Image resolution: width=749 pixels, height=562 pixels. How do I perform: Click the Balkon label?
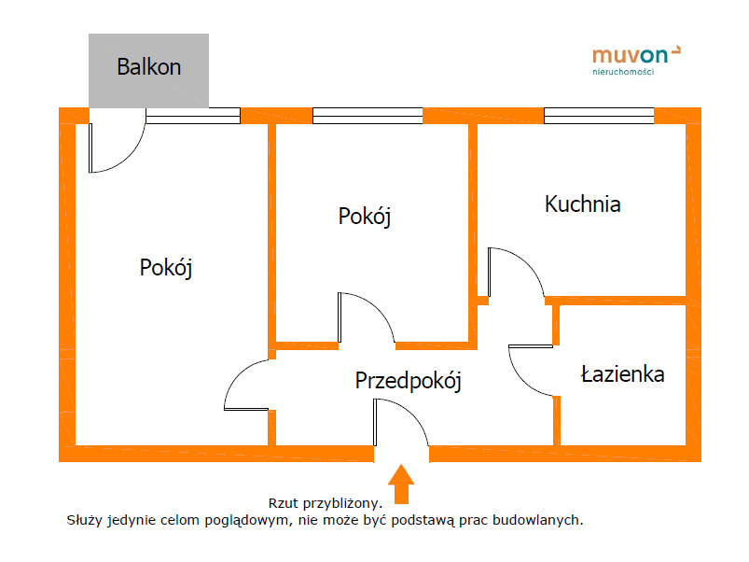click(149, 67)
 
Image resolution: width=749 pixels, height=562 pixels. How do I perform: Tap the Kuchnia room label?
click(583, 204)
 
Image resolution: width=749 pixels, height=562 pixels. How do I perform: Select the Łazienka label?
click(622, 373)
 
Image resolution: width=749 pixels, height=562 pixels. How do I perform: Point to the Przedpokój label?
click(409, 381)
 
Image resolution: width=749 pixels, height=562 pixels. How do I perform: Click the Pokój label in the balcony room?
click(166, 268)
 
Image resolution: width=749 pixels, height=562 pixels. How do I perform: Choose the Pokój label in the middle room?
click(365, 217)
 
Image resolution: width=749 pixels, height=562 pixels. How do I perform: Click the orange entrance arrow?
click(401, 484)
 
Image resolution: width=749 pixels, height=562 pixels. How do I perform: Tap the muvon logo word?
click(630, 55)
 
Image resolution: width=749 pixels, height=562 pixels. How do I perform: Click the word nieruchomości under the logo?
click(623, 72)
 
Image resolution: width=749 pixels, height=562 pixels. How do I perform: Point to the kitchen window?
click(599, 116)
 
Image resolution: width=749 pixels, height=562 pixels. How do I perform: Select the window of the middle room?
click(368, 116)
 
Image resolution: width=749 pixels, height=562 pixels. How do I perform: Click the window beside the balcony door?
click(193, 116)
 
